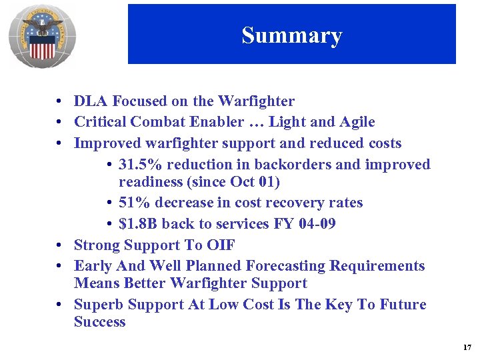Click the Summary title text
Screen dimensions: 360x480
tap(291, 35)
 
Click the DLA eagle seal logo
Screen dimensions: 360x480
tap(42, 37)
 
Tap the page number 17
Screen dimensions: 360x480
tap(467, 347)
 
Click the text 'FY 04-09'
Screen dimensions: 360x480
tap(305, 224)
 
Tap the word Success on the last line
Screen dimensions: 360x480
tap(99, 322)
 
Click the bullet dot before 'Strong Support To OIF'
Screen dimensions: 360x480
tap(60, 245)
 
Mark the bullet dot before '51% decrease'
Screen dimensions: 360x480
tap(109, 203)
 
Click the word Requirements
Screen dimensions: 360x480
tap(378, 266)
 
